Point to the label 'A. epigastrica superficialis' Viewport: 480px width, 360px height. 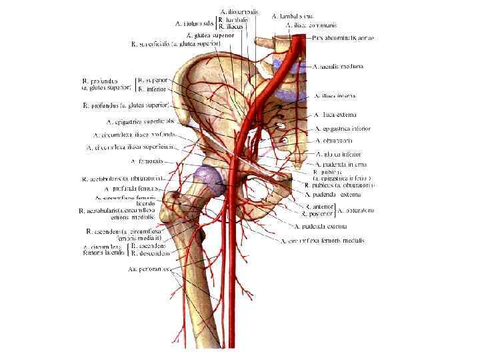[x=140, y=122]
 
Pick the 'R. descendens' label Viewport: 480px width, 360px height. [x=151, y=254]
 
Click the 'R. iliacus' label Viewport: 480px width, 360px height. [x=229, y=27]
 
